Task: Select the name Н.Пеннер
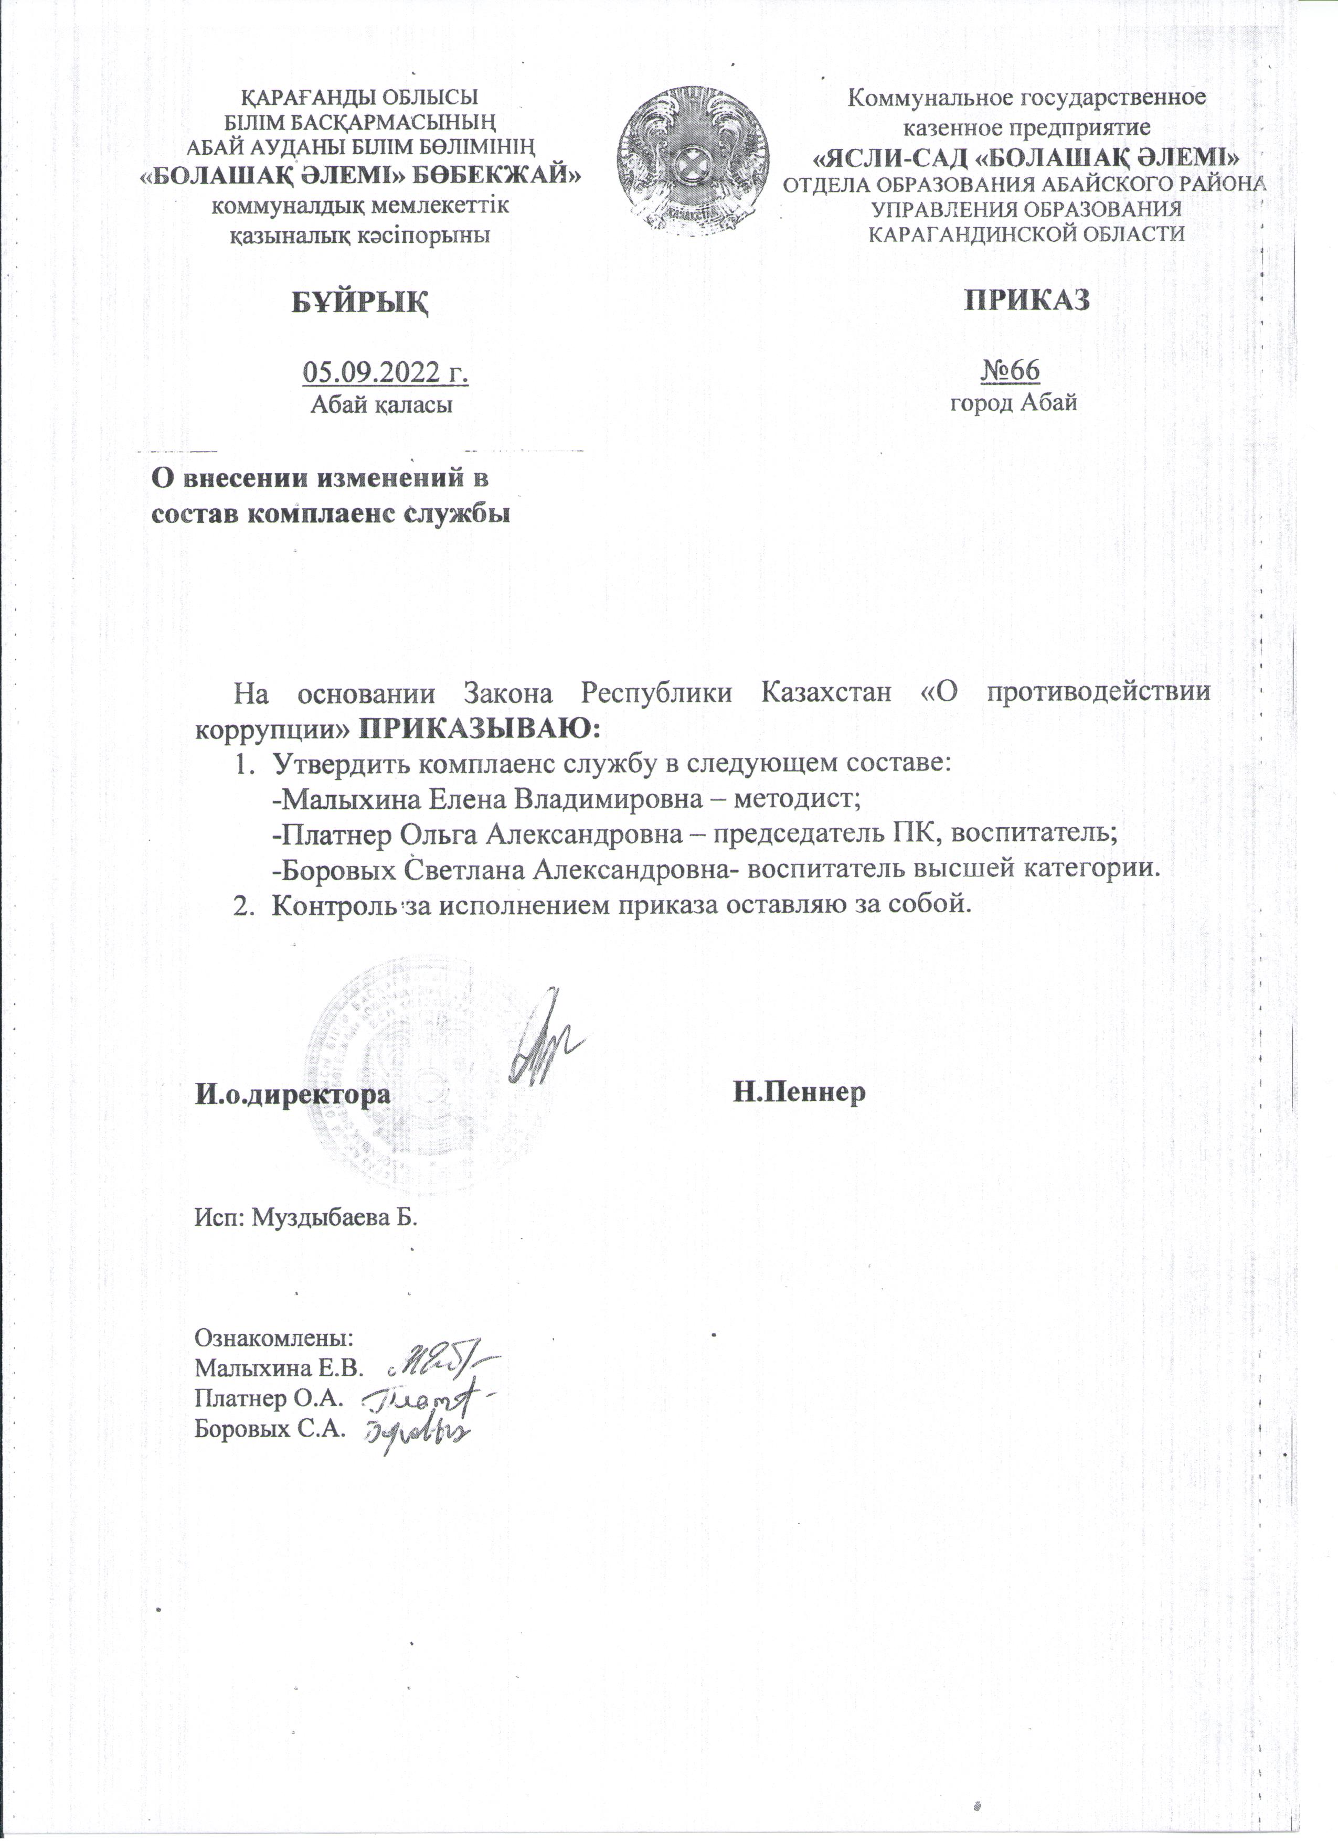click(800, 1093)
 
